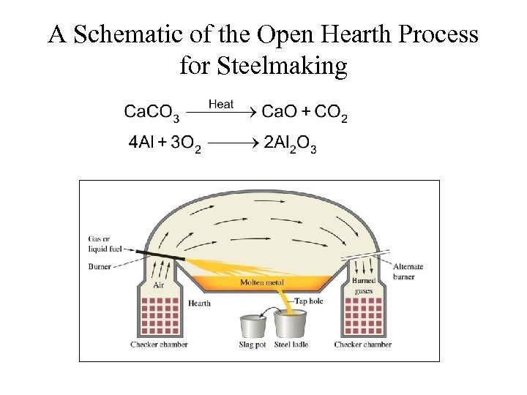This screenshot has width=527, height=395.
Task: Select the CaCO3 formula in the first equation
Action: (151, 113)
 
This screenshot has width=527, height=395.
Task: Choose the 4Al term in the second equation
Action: (142, 142)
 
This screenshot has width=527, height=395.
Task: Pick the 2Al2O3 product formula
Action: (290, 143)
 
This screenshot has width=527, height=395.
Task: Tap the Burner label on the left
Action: (100, 267)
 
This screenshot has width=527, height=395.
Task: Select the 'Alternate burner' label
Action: (408, 271)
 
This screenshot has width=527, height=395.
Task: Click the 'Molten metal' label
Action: (261, 282)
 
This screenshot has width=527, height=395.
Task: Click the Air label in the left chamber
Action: (157, 287)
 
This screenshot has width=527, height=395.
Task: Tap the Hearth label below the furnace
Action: (199, 303)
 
